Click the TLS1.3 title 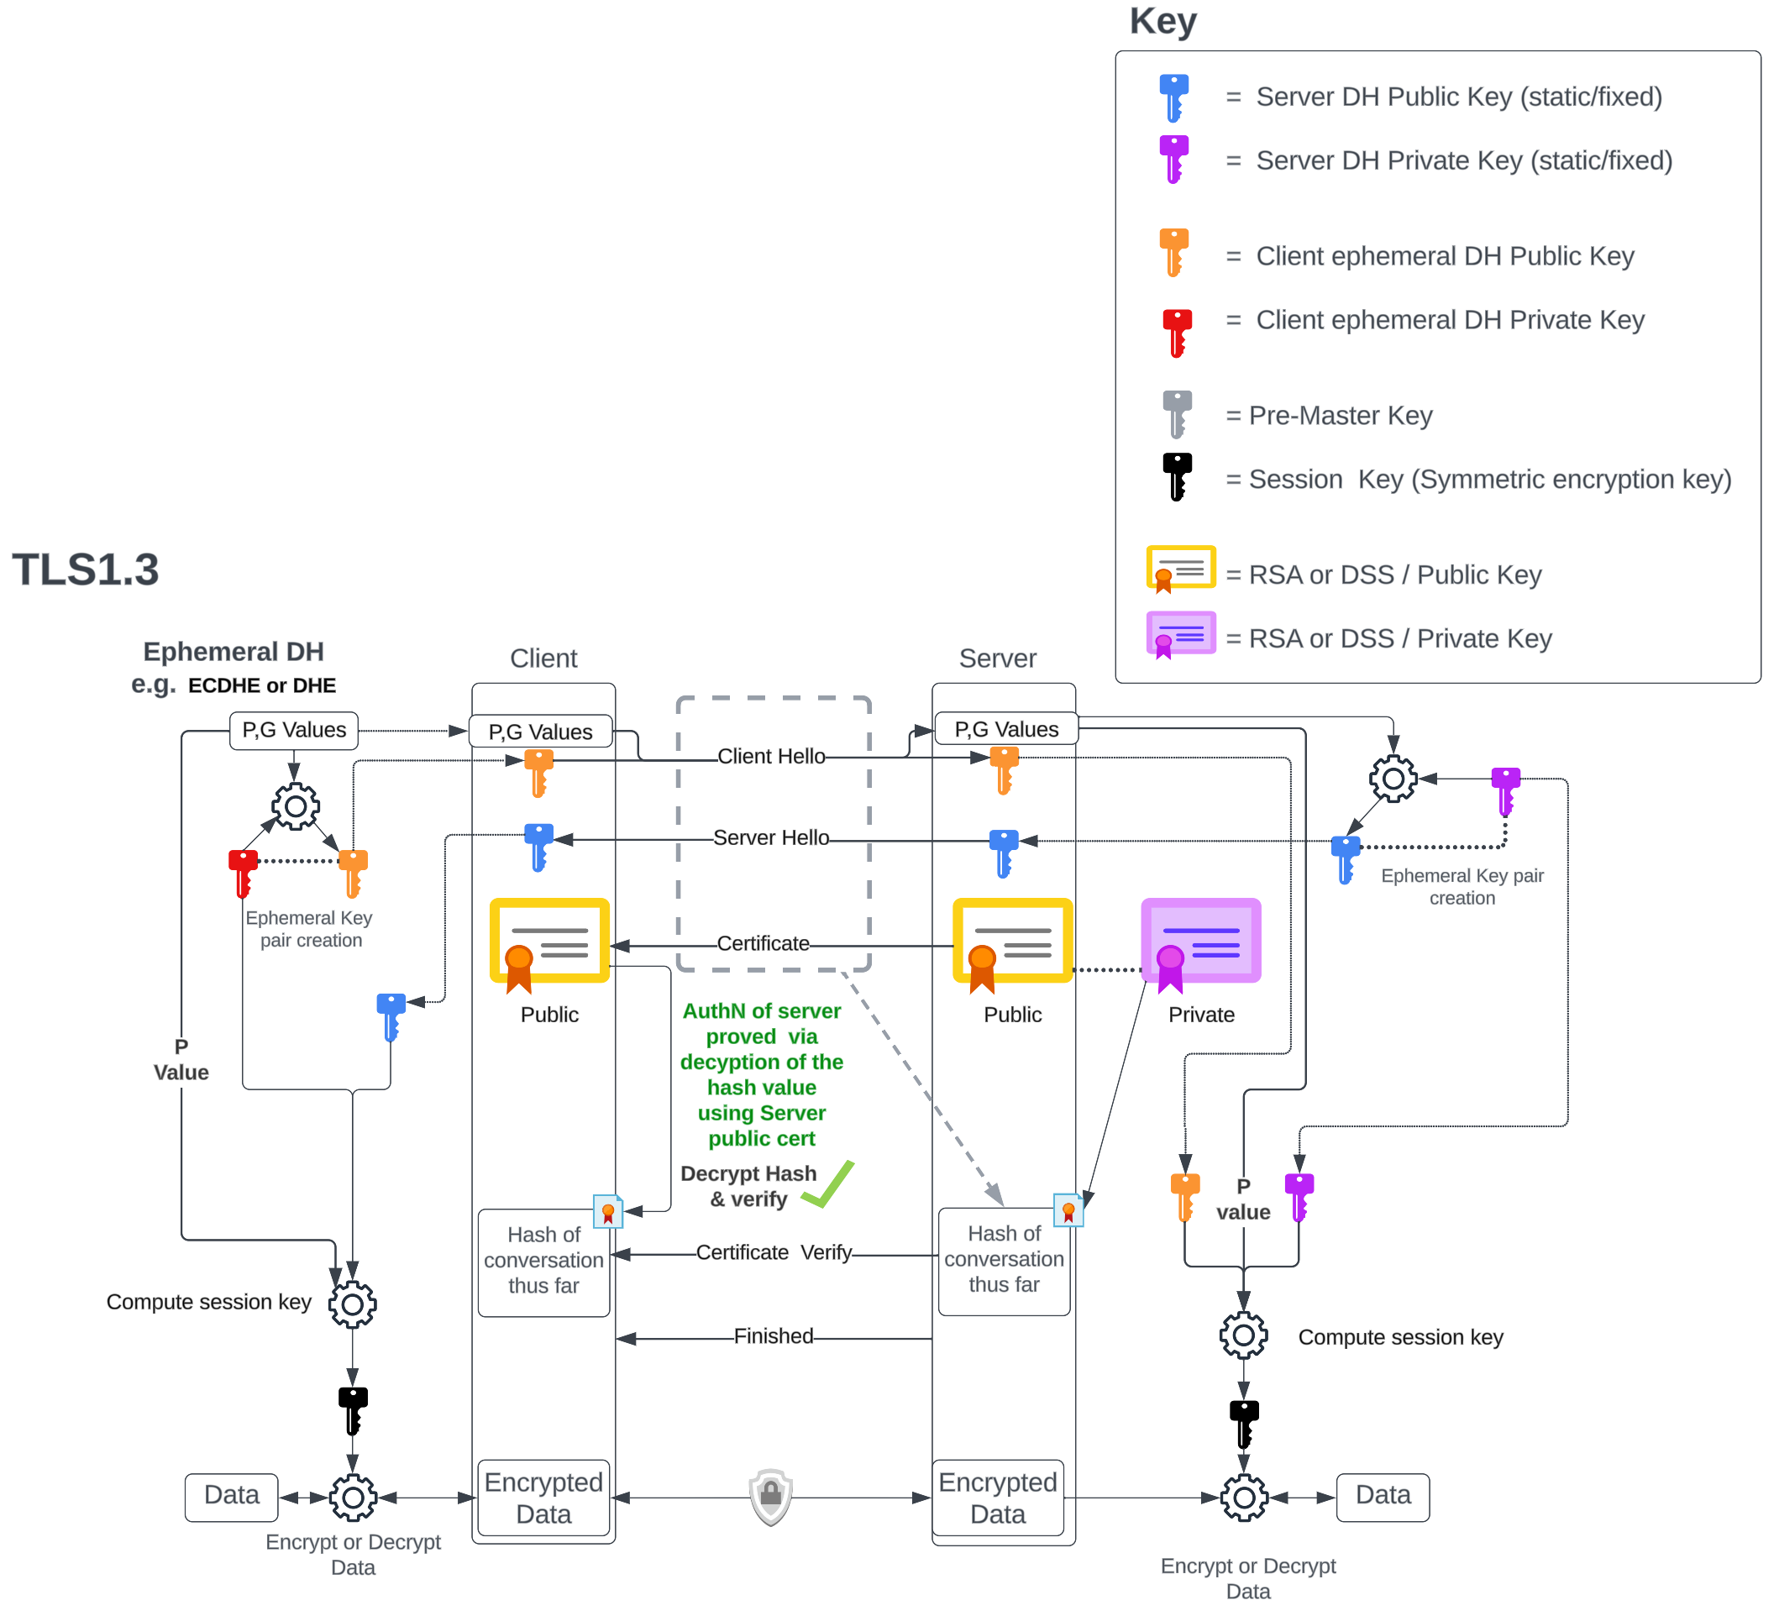(x=86, y=569)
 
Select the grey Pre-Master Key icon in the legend (x=1176, y=414)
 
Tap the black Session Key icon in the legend (x=1176, y=476)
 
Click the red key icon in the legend (x=1176, y=333)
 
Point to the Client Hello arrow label (x=771, y=757)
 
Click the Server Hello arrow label (x=771, y=837)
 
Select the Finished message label (x=773, y=1336)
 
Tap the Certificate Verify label (x=774, y=1252)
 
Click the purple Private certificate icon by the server (x=1201, y=943)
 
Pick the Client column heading (x=543, y=658)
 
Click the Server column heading (x=997, y=658)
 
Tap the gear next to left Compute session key (x=353, y=1304)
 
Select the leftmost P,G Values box (x=294, y=731)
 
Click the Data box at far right (x=1382, y=1496)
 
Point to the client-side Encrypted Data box (x=543, y=1498)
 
